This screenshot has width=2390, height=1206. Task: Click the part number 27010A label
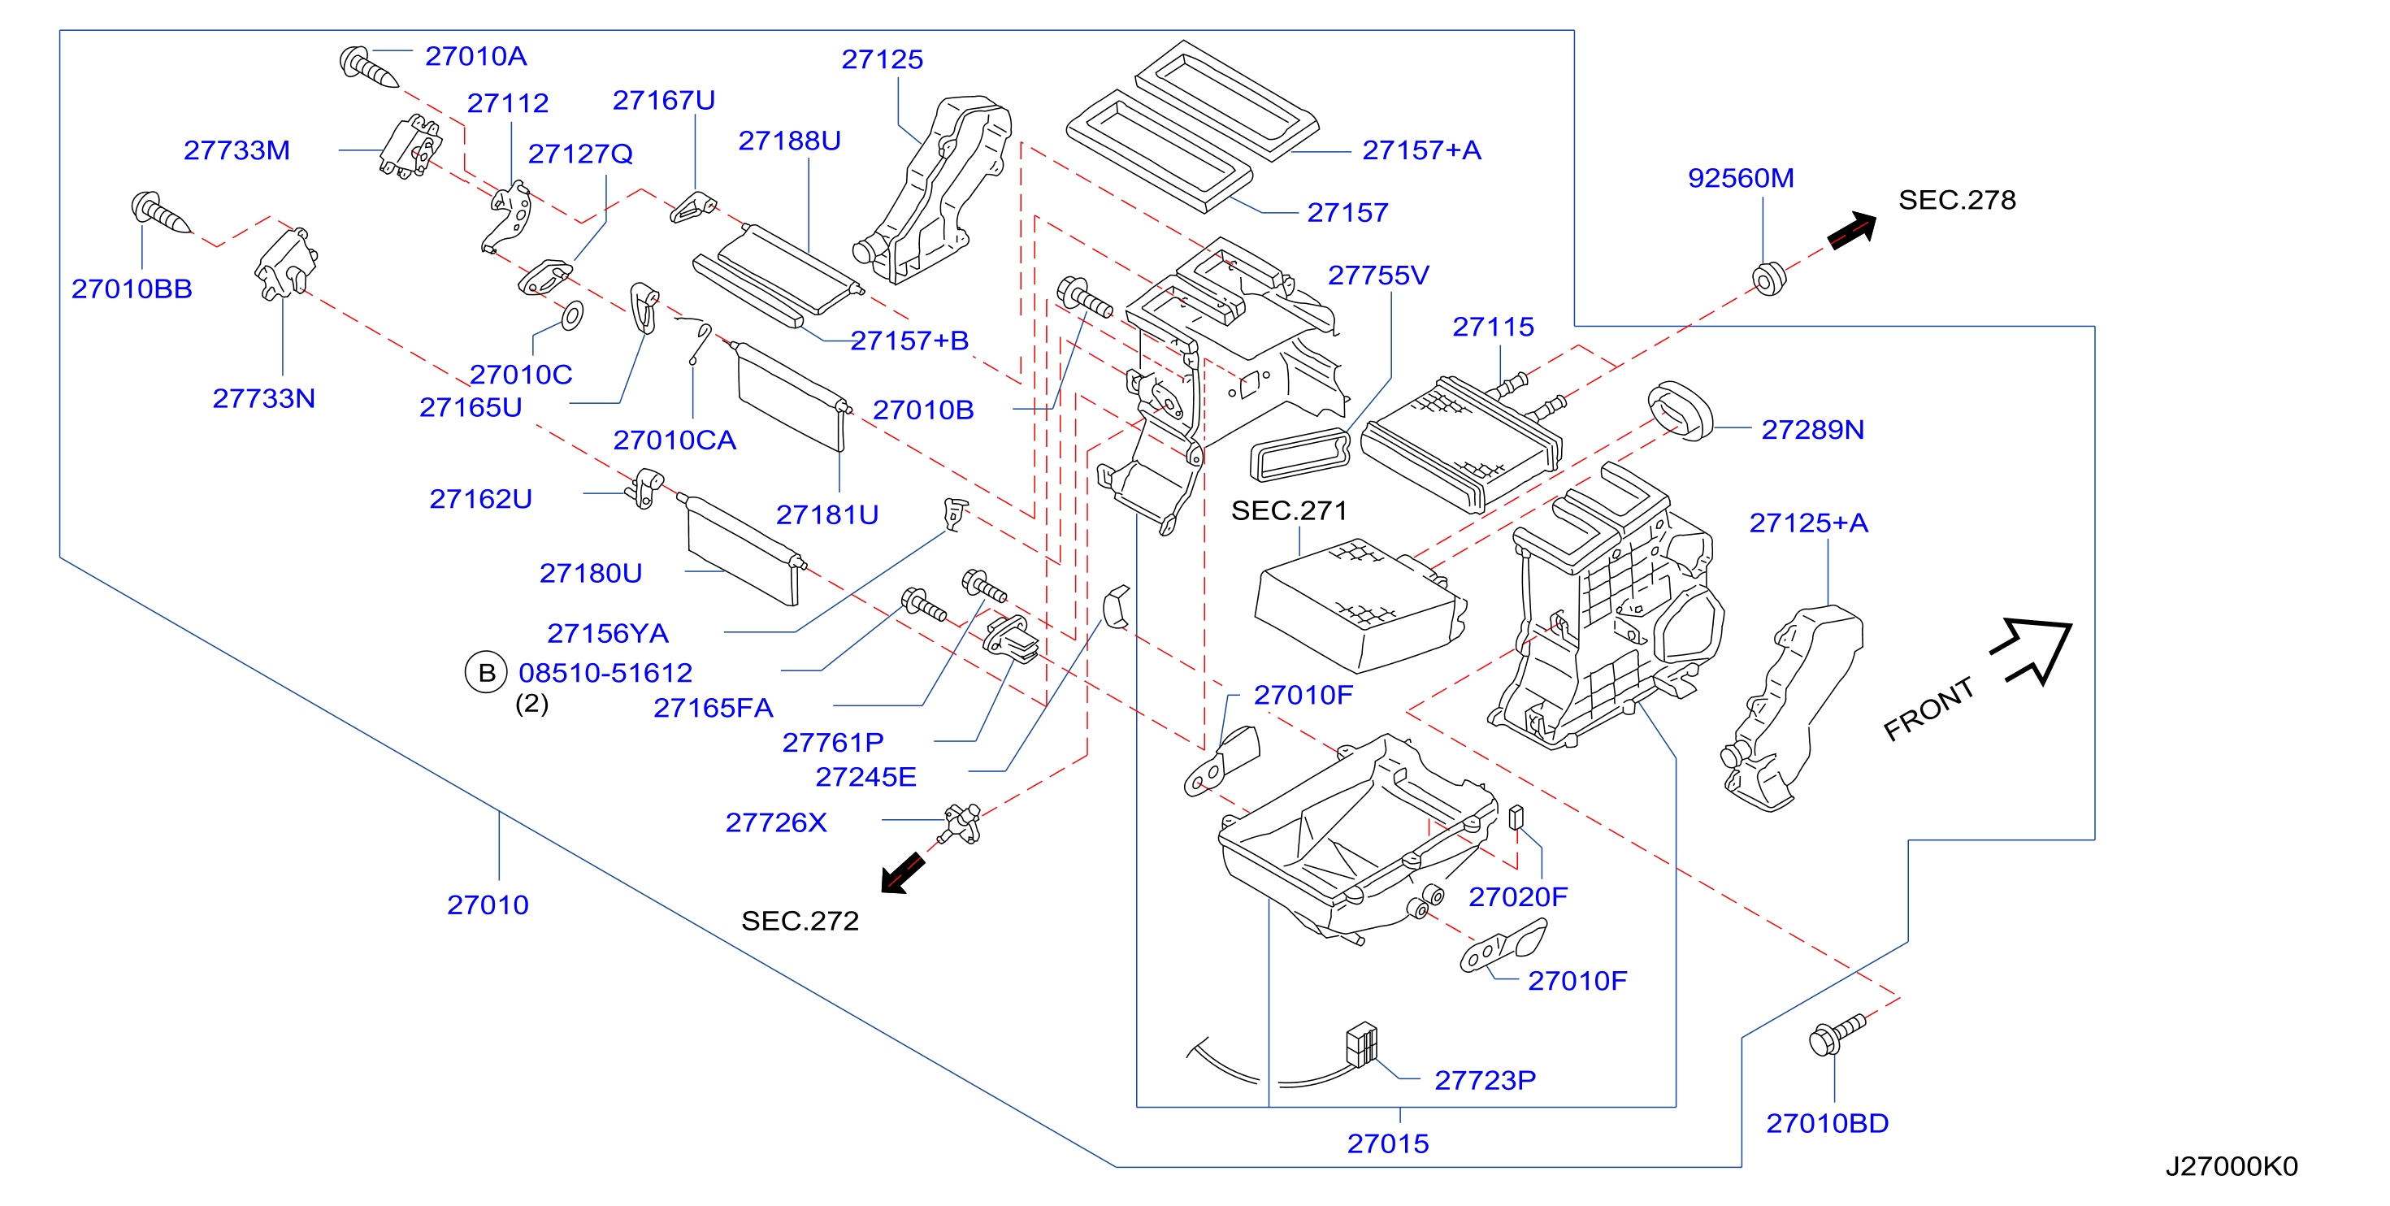(476, 57)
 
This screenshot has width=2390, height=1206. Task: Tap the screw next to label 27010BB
(159, 212)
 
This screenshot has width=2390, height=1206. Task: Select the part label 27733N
(263, 398)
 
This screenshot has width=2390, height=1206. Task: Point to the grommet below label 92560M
(1768, 278)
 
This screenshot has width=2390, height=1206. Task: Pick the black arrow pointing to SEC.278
(1852, 230)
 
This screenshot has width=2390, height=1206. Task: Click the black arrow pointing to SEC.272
(903, 873)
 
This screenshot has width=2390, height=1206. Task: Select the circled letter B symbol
(486, 673)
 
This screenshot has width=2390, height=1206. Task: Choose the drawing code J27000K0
(2232, 1166)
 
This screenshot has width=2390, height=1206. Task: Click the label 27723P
(1485, 1080)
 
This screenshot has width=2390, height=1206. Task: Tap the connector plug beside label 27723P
(1361, 1046)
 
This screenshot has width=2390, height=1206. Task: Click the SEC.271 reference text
(1289, 510)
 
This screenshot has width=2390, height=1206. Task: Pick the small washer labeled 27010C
(571, 315)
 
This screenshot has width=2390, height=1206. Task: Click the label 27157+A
(1421, 150)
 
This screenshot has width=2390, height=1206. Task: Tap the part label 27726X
(775, 822)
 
